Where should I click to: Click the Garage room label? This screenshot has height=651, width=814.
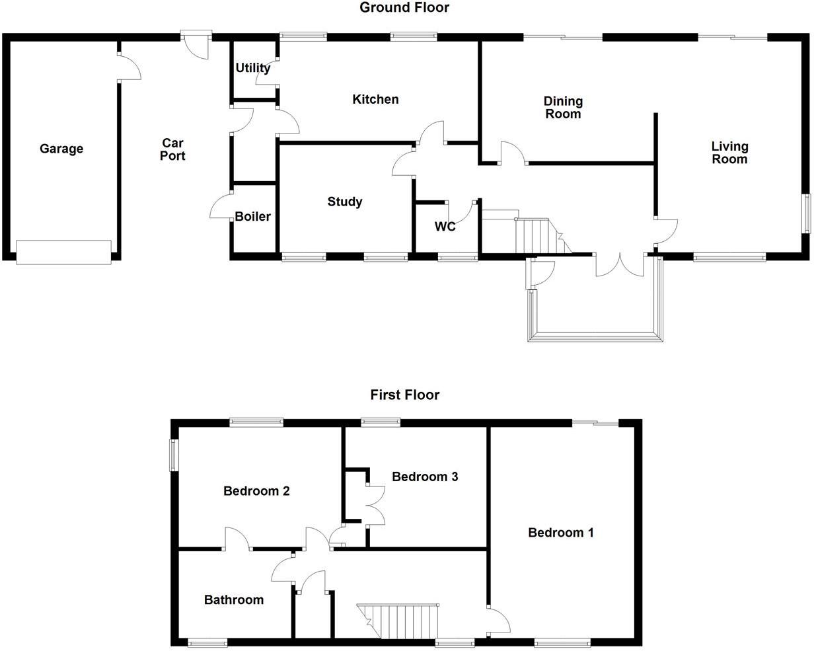pyautogui.click(x=61, y=149)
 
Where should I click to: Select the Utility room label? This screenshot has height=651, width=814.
pyautogui.click(x=252, y=68)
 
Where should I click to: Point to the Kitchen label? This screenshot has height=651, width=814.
pyautogui.click(x=375, y=99)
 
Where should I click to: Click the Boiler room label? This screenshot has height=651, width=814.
pyautogui.click(x=252, y=216)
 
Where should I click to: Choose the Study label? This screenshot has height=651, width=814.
pyautogui.click(x=344, y=202)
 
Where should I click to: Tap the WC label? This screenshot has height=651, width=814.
pyautogui.click(x=445, y=227)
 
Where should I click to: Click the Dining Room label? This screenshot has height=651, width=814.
pyautogui.click(x=563, y=107)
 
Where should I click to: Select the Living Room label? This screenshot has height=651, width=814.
pyautogui.click(x=729, y=153)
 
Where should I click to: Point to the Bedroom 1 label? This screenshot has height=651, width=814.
pyautogui.click(x=561, y=532)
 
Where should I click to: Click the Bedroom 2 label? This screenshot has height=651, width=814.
pyautogui.click(x=256, y=491)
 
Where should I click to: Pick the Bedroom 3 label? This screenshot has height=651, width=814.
pyautogui.click(x=425, y=477)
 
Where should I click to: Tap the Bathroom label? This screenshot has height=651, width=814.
pyautogui.click(x=233, y=600)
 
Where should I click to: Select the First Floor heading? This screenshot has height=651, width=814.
pyautogui.click(x=404, y=395)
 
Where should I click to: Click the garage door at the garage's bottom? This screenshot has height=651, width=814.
pyautogui.click(x=63, y=252)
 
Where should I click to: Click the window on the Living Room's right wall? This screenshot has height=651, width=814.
pyautogui.click(x=806, y=213)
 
